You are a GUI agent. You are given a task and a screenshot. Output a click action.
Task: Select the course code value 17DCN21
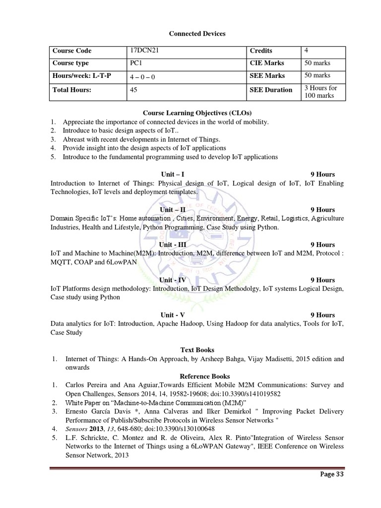click(143, 51)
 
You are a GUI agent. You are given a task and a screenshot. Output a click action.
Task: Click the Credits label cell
click(261, 51)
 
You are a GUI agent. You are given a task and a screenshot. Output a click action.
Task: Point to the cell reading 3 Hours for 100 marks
click(320, 91)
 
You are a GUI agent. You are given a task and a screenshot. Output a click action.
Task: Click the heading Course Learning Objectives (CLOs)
click(190, 113)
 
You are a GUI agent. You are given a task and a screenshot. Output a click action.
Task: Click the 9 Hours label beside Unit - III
click(322, 245)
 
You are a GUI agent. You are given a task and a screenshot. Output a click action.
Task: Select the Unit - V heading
click(173, 315)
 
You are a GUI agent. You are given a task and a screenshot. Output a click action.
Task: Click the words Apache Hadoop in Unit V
click(173, 323)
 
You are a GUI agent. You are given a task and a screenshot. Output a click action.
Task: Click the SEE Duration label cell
click(271, 90)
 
